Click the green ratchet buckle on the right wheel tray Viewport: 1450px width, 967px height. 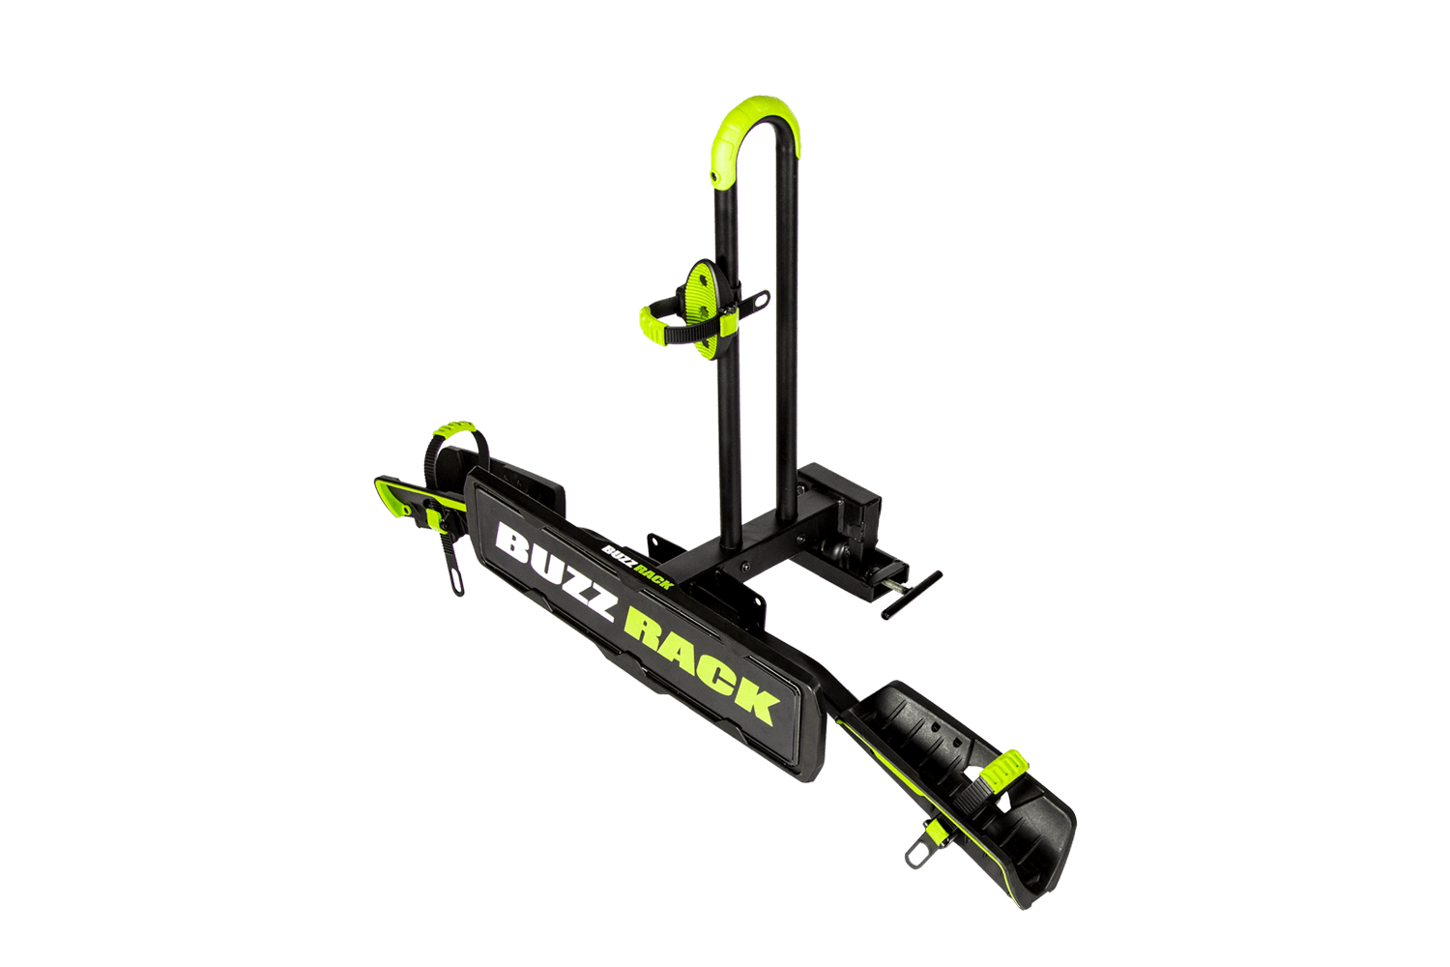pyautogui.click(x=1003, y=767)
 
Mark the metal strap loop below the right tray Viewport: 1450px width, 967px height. pyautogui.click(x=918, y=853)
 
